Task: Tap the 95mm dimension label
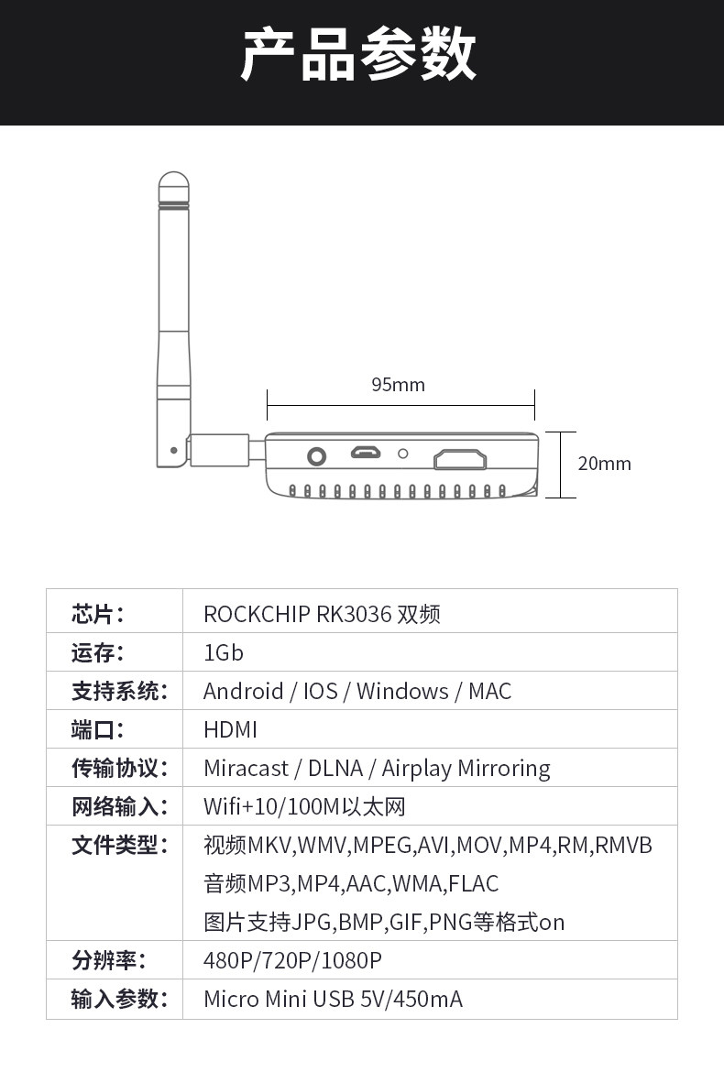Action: pos(398,385)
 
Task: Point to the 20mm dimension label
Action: pos(604,464)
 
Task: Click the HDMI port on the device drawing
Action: pos(460,458)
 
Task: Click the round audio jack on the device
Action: pos(317,456)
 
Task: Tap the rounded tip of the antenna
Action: pos(173,183)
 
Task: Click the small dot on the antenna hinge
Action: pos(175,450)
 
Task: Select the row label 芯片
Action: pos(97,614)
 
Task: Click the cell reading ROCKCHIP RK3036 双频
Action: pos(322,614)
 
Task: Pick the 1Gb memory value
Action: pos(224,652)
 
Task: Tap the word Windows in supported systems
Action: pos(402,691)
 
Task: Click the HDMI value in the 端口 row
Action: pos(230,729)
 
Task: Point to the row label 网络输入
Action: pos(120,806)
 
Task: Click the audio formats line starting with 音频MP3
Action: pos(351,883)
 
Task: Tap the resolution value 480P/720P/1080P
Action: pos(292,960)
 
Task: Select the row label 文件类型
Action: pos(120,845)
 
